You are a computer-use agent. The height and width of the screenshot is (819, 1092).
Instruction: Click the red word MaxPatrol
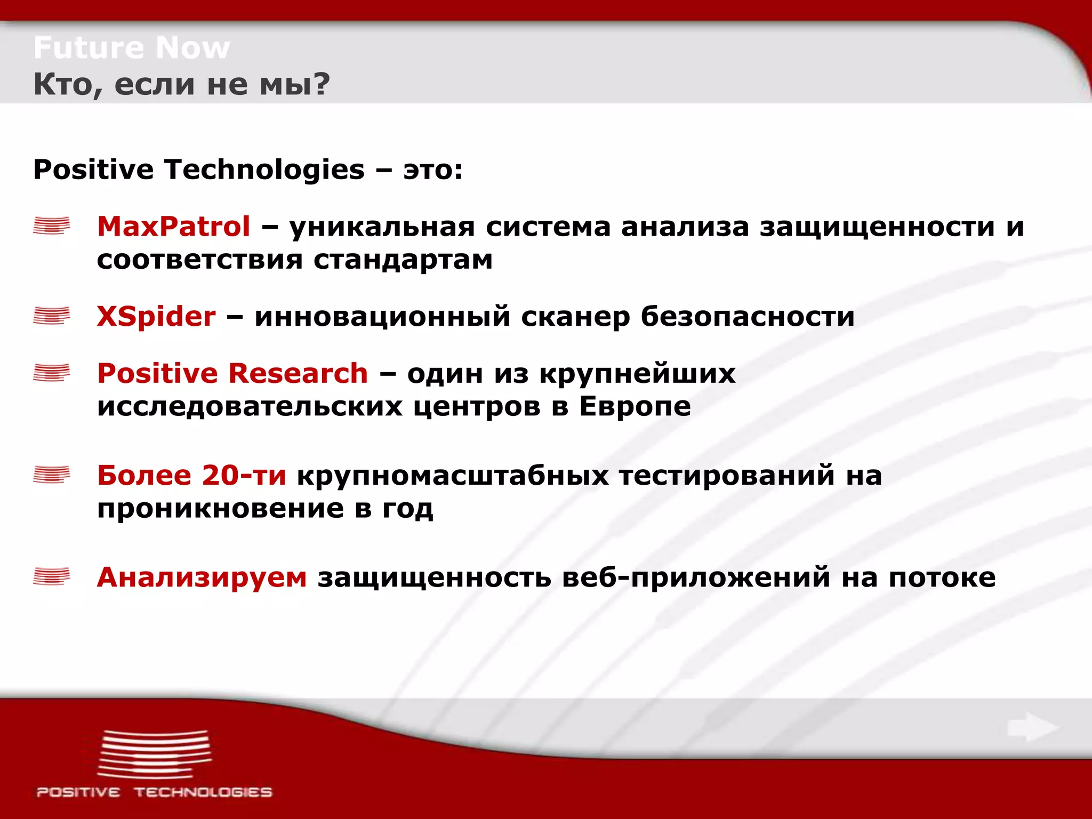click(173, 226)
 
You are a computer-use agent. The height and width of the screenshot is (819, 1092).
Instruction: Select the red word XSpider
click(156, 316)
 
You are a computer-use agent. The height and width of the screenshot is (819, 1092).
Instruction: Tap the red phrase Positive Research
click(232, 373)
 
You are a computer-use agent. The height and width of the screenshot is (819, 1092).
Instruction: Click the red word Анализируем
click(202, 577)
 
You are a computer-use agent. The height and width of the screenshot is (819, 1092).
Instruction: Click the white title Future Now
click(132, 48)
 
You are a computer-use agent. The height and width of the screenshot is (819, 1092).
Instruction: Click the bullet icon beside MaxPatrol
click(52, 226)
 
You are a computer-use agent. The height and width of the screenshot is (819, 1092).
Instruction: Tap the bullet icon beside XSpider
click(52, 315)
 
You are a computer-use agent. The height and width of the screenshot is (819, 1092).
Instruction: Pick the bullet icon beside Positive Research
click(52, 372)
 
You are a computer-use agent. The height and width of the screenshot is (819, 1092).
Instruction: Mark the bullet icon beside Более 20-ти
click(52, 474)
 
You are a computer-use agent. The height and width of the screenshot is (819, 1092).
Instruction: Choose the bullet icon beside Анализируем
click(52, 576)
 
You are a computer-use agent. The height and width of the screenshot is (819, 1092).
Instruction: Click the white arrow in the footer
click(1033, 727)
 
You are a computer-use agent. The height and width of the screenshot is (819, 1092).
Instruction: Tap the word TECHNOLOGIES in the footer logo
click(203, 792)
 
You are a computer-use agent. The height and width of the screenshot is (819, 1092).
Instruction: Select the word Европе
click(635, 407)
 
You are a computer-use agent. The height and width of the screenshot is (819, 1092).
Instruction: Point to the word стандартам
click(403, 260)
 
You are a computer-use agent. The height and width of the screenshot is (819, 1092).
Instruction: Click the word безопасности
click(748, 317)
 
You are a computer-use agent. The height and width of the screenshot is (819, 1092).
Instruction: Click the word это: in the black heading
click(433, 170)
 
